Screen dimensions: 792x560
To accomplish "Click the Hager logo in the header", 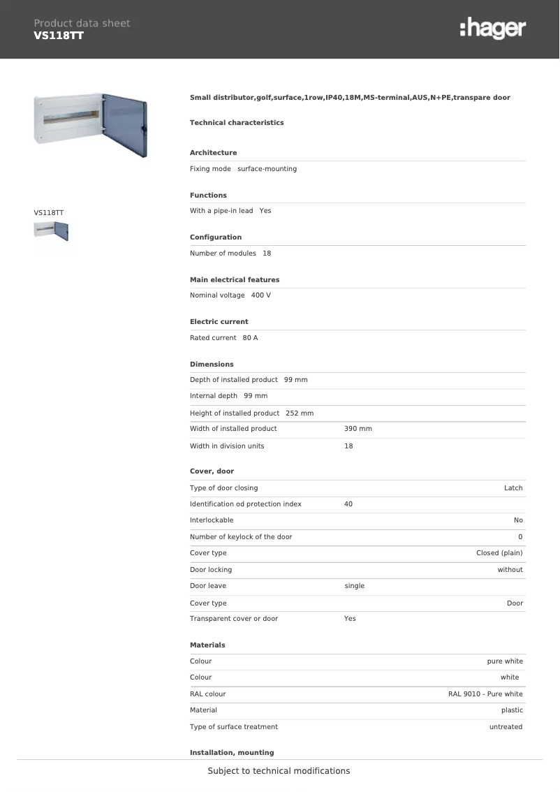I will pos(492,29).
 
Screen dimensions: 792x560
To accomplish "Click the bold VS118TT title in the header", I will pos(59,36).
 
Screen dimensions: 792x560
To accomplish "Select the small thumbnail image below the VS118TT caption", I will pos(51,230).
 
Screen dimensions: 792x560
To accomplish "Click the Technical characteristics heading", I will pos(237,123).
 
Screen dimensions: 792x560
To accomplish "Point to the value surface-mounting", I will pos(267,169).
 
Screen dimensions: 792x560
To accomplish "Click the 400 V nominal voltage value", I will pos(261,295).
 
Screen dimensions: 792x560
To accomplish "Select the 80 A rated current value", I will pos(250,338).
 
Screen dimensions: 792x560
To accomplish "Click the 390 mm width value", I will pos(358,429).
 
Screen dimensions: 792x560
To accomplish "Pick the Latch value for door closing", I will pos(513,488).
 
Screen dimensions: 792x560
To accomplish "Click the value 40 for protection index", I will pos(348,504).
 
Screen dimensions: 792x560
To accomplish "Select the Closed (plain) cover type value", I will pos(499,553).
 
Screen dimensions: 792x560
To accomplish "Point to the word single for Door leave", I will pos(355,586).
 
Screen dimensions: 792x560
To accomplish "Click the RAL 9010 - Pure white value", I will pos(485,694).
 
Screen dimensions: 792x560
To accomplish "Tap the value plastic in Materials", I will pos(512,710).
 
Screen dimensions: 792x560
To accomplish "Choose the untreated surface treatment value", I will pos(506,727).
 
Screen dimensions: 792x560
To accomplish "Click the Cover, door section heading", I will pos(212,471).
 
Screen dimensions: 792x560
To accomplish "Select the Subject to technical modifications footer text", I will pos(279,771).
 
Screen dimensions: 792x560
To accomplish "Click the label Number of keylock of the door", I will pos(241,537).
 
